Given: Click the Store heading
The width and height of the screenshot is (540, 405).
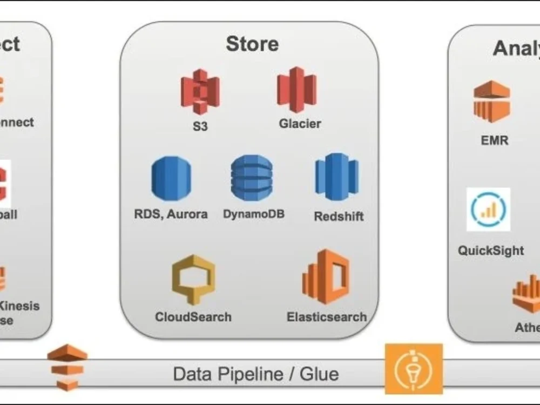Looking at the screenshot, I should pos(252,44).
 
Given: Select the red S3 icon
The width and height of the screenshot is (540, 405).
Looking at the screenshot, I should pos(200,91).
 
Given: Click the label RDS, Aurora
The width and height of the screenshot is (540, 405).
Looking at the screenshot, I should pos(171,214).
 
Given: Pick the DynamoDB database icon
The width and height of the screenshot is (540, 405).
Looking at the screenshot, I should pos(252,178).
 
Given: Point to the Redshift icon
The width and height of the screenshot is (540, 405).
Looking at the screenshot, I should pos(336,177).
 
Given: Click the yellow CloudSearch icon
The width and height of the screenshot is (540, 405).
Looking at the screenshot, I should pos(193,280).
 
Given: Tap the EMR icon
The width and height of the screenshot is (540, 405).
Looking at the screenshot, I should pos(491,102).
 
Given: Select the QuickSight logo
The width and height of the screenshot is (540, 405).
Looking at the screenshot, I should pos(488,210).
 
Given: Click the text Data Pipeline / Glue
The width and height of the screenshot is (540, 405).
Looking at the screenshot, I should pos(256,374).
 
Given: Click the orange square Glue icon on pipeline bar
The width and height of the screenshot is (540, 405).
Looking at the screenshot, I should pos(414,369).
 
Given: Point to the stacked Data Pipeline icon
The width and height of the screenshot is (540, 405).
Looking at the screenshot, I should pos(67,367).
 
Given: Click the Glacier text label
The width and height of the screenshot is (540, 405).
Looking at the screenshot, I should pos(300,124).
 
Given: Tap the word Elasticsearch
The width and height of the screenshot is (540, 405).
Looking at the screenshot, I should pos(327,316).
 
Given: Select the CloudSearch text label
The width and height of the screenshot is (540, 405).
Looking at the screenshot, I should pos(193,316).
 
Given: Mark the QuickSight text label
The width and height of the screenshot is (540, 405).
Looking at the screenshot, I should pos(490,251).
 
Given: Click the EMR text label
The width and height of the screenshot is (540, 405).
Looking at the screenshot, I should pos(494,140).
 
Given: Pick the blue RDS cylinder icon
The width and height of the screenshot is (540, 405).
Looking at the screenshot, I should pos(171,178).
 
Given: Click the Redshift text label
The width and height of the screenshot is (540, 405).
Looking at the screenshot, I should pos(339,217).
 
